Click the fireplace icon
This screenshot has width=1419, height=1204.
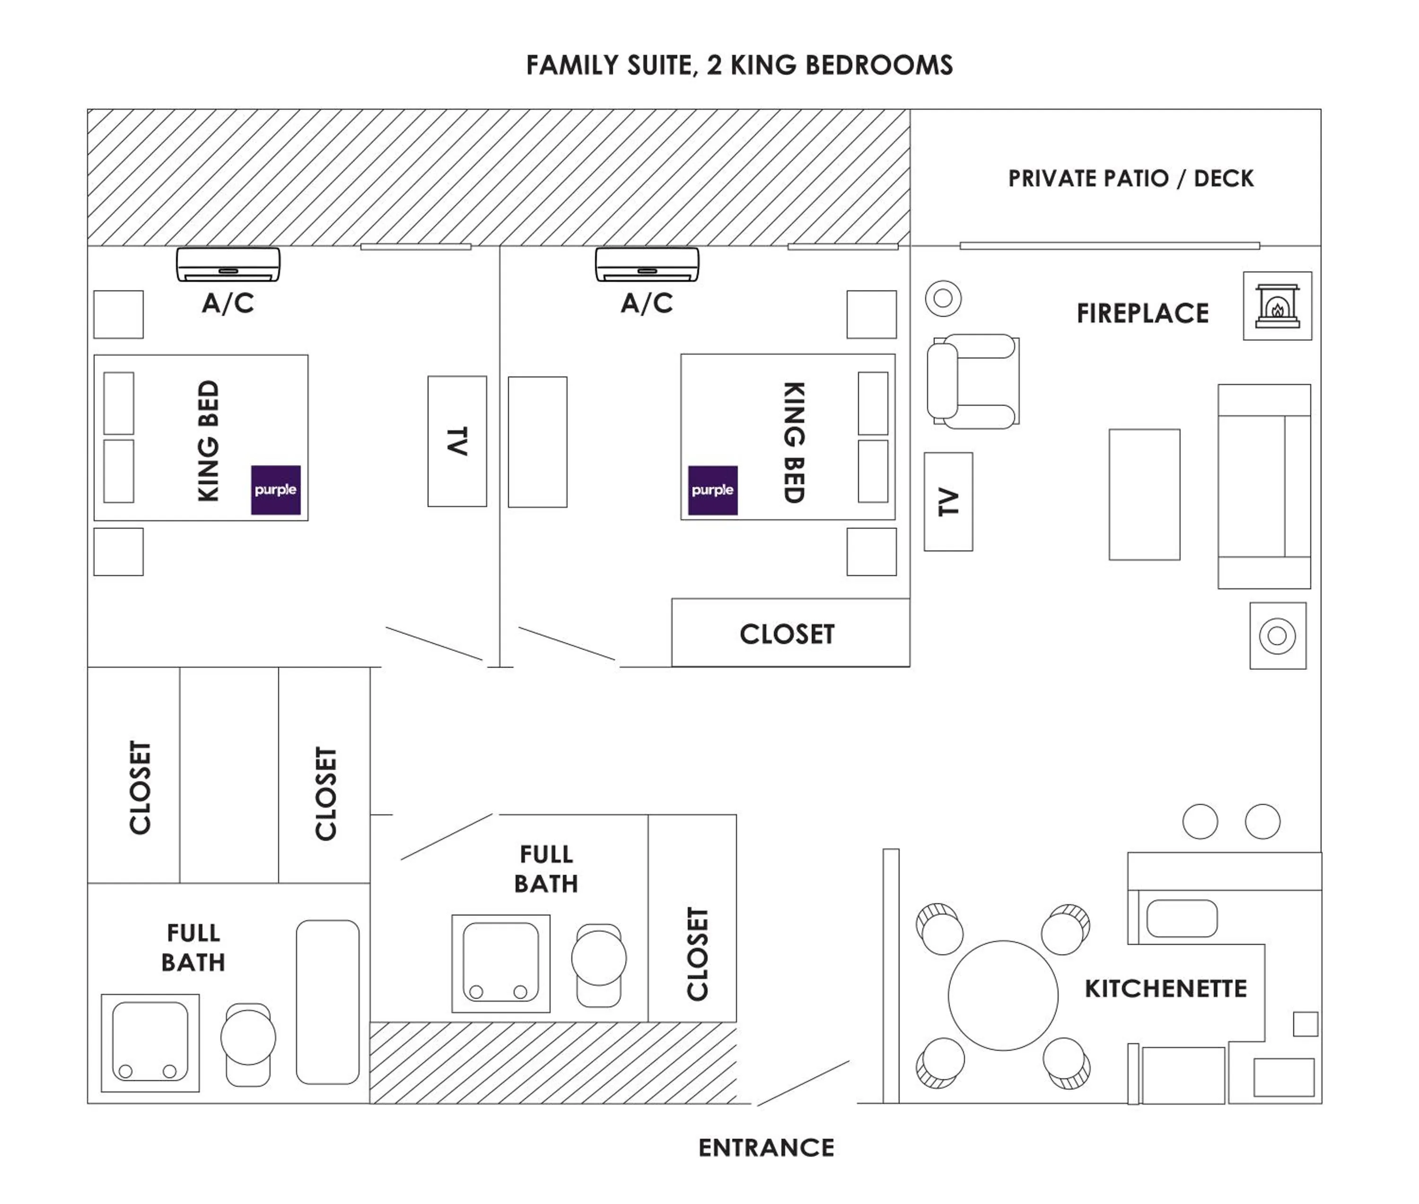tap(1277, 306)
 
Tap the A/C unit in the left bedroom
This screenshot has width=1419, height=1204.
tap(228, 264)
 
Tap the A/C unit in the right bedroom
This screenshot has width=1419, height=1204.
tap(647, 264)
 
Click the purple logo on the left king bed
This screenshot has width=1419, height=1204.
tap(276, 490)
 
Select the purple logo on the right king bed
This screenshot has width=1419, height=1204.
tap(712, 490)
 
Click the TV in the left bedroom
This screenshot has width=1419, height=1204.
tap(456, 441)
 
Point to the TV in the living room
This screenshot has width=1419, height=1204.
tap(948, 502)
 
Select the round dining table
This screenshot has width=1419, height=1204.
tap(1003, 995)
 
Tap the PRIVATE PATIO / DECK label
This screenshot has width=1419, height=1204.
tap(1130, 179)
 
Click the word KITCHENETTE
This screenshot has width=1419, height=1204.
tap(1166, 988)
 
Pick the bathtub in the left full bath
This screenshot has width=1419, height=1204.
tap(328, 1002)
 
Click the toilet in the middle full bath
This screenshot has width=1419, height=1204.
tap(599, 965)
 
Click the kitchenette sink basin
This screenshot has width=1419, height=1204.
tap(1182, 918)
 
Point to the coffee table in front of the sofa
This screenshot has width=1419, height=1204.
tap(1144, 495)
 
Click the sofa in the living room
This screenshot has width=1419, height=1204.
tap(1263, 486)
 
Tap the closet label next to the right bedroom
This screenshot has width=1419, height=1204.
tap(787, 634)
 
